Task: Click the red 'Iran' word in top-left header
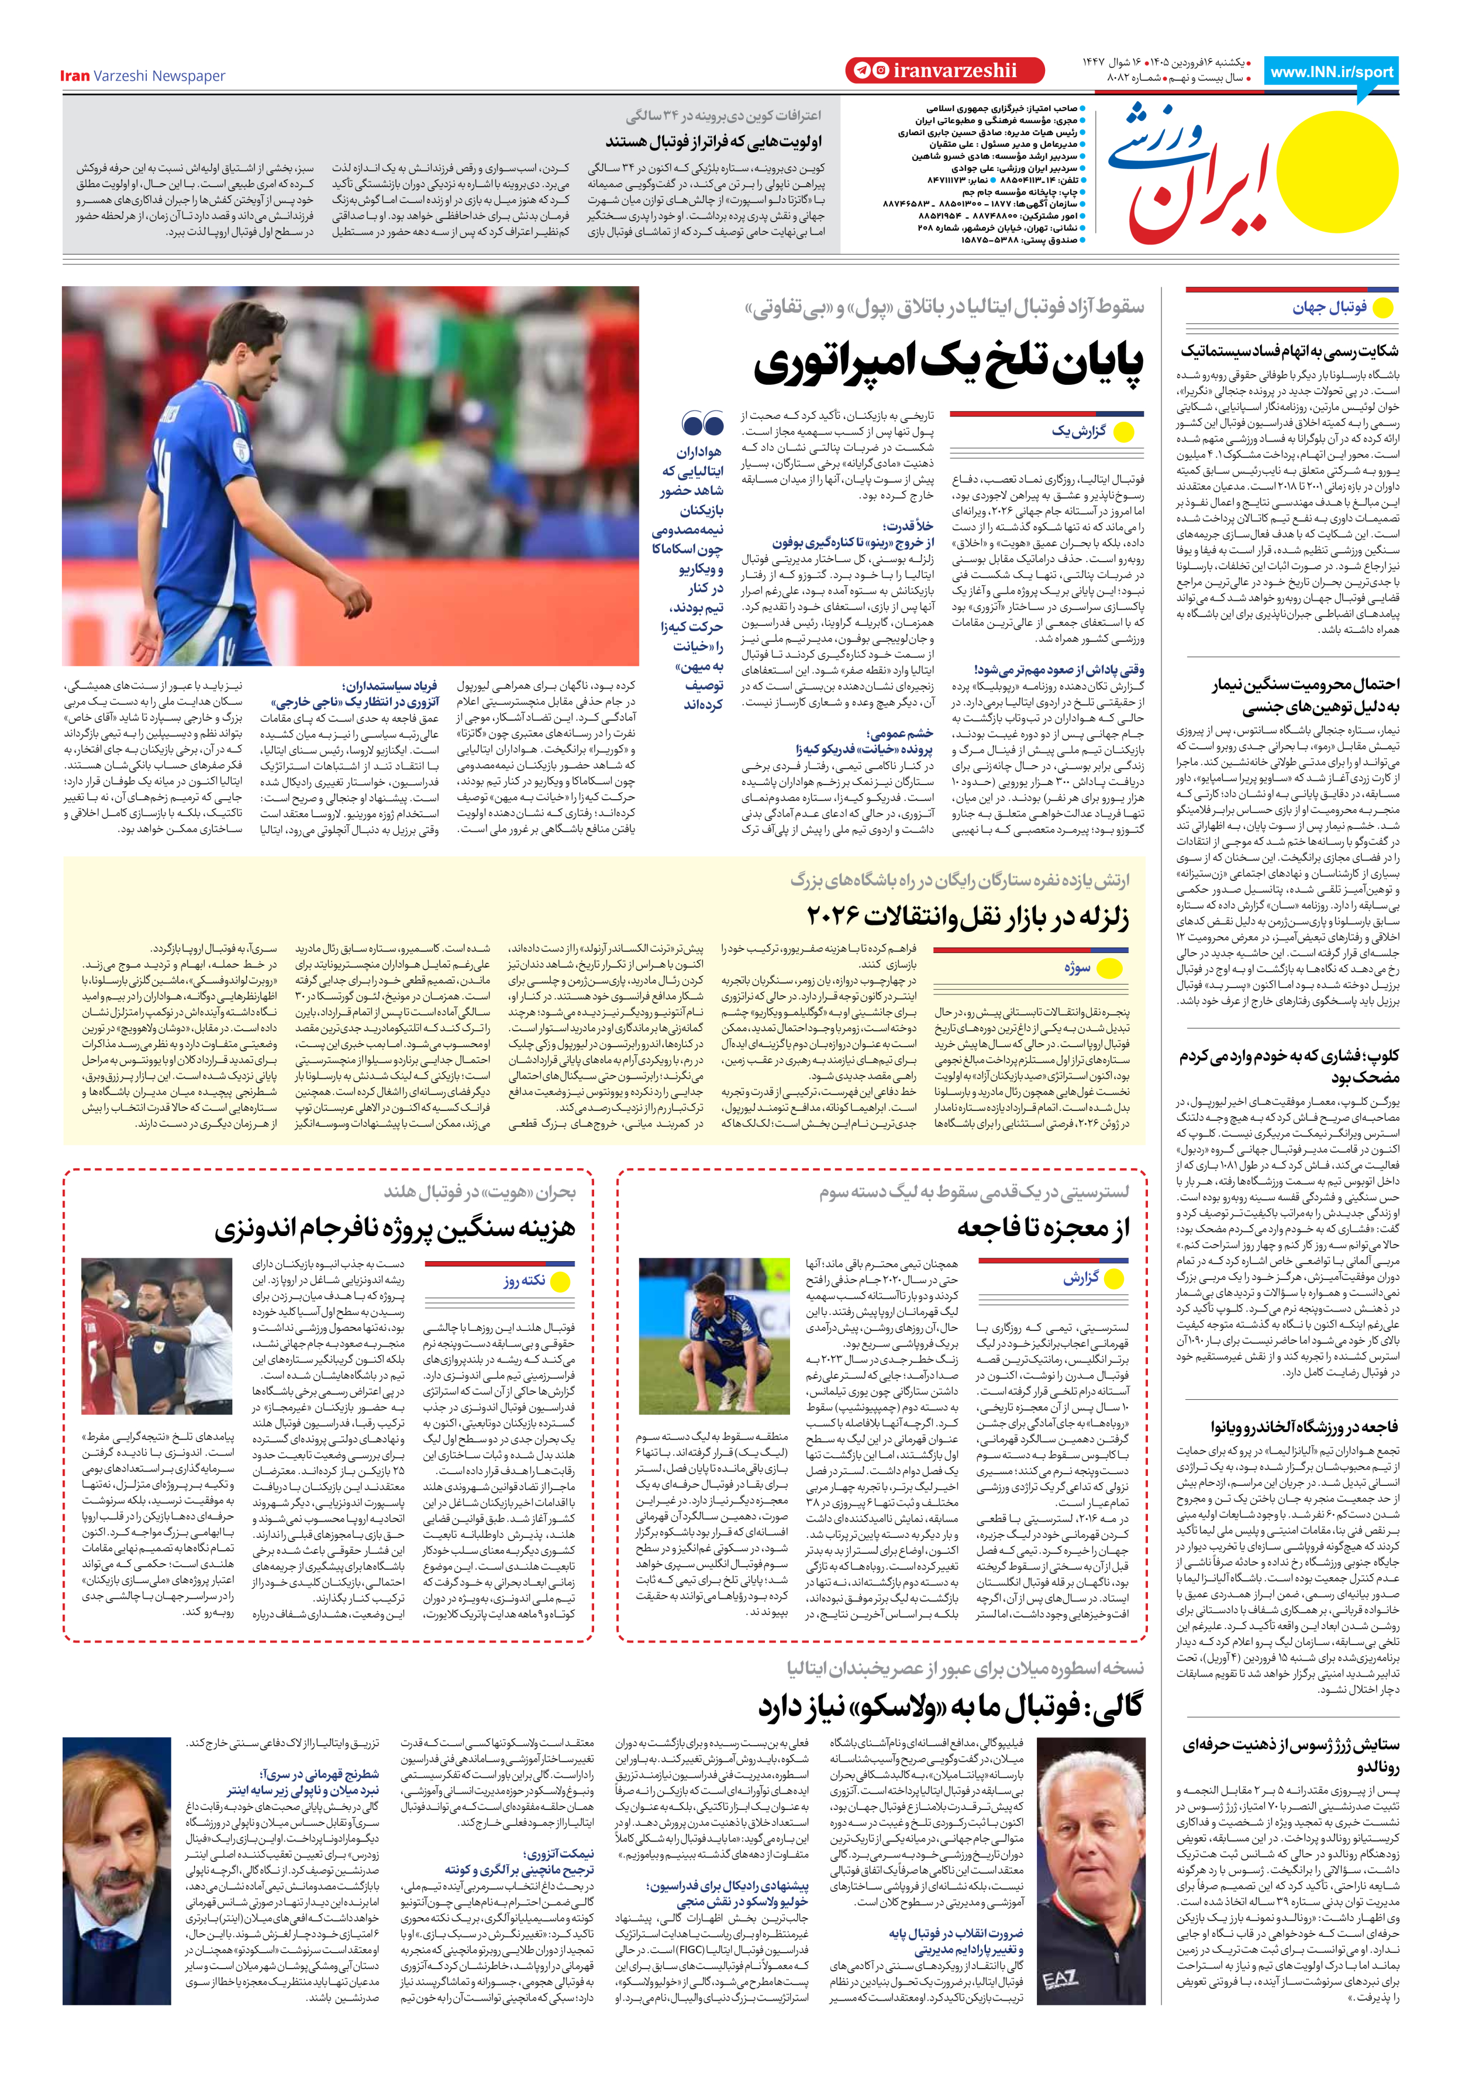[75, 75]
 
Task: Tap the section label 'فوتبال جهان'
[1329, 308]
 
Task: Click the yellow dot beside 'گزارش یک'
[1125, 433]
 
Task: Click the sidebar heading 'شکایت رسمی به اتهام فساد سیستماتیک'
[1290, 351]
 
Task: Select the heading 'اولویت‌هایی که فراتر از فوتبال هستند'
[713, 141]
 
